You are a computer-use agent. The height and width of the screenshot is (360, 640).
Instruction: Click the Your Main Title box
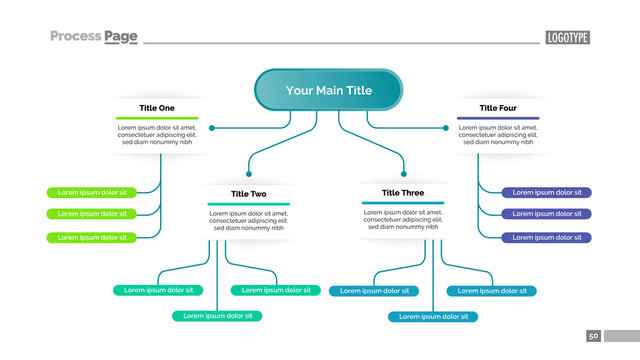click(328, 90)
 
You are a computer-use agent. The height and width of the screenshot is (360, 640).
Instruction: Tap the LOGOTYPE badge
click(568, 38)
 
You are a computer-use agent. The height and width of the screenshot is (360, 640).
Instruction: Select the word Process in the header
click(76, 37)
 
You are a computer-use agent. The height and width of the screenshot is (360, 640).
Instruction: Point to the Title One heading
click(157, 108)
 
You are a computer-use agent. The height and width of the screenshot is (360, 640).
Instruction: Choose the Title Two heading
click(248, 194)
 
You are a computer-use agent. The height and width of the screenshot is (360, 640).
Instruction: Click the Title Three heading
click(403, 193)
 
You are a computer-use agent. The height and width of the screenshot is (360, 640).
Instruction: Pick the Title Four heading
click(498, 108)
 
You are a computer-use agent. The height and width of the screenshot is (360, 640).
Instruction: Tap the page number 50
click(593, 336)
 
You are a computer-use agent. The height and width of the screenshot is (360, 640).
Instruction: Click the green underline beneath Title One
click(157, 118)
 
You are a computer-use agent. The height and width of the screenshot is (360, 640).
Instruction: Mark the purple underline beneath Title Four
click(498, 118)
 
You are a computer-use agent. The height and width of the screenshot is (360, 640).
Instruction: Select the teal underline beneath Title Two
click(249, 204)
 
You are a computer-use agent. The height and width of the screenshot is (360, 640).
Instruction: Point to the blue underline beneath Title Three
click(403, 203)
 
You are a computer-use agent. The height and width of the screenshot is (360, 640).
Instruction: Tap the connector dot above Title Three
click(404, 172)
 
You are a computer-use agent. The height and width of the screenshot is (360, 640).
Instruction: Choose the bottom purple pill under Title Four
click(546, 237)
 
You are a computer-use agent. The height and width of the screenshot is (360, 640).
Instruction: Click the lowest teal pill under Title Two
click(217, 316)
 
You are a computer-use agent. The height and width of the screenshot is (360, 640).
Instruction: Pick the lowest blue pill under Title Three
click(433, 316)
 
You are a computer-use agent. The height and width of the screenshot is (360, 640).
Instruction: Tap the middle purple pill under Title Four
click(546, 214)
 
